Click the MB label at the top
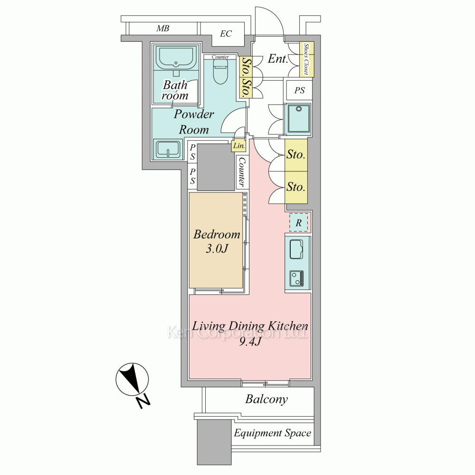(x=162, y=28)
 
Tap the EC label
(x=226, y=34)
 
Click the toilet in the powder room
(x=220, y=71)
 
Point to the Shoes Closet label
(x=306, y=59)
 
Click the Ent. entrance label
(x=277, y=58)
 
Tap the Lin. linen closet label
(x=239, y=146)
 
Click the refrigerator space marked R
(x=299, y=223)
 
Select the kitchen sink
(x=296, y=249)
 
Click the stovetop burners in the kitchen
(x=296, y=278)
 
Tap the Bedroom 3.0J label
(x=217, y=241)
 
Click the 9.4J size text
(x=250, y=342)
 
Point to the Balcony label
(x=266, y=399)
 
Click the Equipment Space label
(x=272, y=433)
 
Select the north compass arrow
(x=133, y=379)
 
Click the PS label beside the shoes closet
(x=299, y=90)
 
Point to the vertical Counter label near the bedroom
(x=242, y=172)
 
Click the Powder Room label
(x=194, y=122)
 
